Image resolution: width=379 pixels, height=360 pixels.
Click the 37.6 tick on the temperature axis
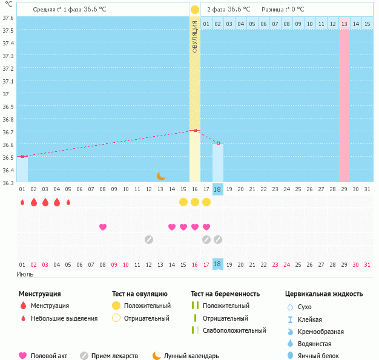8,18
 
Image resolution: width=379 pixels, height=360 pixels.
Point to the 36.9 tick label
8,106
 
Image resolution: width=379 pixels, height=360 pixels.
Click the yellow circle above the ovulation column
195,10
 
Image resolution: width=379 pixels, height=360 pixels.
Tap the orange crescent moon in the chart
160,176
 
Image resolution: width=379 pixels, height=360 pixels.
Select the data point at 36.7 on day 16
195,130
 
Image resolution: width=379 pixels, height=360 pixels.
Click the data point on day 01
22,156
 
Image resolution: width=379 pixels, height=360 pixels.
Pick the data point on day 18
218,143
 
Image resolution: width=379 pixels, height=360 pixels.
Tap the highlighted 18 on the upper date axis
218,189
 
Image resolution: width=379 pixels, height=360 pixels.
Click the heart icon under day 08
103,227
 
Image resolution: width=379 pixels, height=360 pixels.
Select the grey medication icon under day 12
149,239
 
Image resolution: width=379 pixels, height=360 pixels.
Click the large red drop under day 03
45,202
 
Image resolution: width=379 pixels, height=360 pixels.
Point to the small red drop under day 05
68,202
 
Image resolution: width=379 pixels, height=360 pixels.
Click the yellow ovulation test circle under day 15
183,202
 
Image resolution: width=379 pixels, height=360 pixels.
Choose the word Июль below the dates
24,274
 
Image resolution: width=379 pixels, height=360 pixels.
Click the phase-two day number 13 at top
344,24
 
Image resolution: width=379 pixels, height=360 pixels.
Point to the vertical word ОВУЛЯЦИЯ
195,36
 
